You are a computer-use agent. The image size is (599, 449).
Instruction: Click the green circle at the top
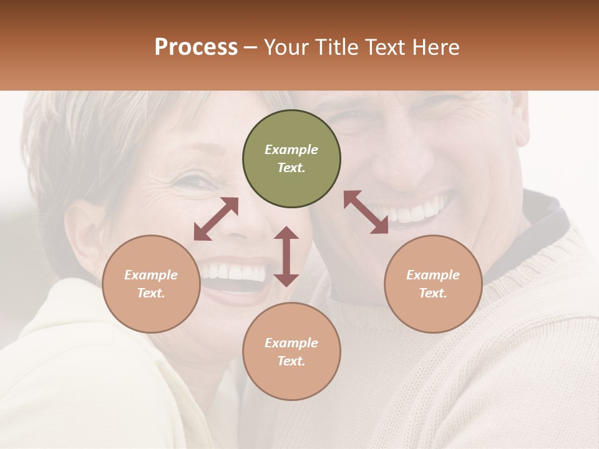[x=291, y=159]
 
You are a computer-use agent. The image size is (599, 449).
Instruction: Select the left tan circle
[x=151, y=284]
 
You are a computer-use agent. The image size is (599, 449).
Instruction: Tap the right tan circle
[x=433, y=284]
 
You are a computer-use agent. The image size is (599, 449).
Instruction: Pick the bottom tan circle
[x=291, y=352]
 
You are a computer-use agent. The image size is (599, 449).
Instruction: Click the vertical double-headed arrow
[x=286, y=256]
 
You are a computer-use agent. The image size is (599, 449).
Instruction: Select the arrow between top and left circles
[x=216, y=219]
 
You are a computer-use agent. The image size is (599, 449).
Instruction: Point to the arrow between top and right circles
[x=366, y=212]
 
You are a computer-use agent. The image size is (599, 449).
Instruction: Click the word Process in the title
[x=196, y=47]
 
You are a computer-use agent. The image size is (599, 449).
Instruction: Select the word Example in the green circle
[x=291, y=150]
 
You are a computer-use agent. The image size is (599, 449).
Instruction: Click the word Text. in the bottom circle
[x=291, y=361]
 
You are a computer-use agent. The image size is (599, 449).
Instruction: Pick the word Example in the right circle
[x=433, y=275]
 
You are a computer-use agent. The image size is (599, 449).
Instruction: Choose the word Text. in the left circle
[x=151, y=293]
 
